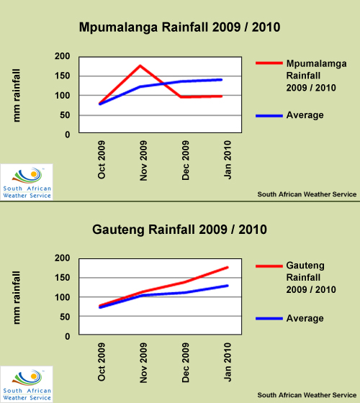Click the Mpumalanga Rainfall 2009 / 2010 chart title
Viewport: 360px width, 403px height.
[179, 27]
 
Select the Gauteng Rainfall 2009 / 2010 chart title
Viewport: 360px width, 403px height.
[179, 230]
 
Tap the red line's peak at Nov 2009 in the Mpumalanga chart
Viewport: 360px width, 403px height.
[140, 65]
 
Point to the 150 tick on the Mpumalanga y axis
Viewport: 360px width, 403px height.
[62, 76]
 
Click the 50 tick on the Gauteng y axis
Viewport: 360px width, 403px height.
[65, 317]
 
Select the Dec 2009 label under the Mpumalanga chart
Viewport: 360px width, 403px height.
[186, 160]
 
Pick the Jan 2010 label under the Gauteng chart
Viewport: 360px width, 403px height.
[228, 362]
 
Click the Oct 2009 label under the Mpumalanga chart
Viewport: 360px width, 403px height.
[102, 160]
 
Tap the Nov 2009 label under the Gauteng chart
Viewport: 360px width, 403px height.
[143, 363]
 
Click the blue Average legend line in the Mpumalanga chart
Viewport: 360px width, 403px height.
[269, 116]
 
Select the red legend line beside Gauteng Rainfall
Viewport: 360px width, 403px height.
[269, 266]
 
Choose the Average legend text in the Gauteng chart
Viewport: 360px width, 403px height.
[305, 318]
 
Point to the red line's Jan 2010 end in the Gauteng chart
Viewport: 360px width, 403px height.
[228, 268]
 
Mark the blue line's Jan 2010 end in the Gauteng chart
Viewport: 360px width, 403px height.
[228, 286]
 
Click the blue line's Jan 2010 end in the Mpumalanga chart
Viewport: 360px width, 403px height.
[221, 80]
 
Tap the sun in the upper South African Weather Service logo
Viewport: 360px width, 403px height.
[33, 174]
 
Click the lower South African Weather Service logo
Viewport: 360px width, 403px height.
[27, 384]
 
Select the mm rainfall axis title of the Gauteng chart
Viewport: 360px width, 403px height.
[16, 297]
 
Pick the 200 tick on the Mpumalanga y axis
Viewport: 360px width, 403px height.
[62, 56]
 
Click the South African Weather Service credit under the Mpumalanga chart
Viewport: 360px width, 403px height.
[307, 194]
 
